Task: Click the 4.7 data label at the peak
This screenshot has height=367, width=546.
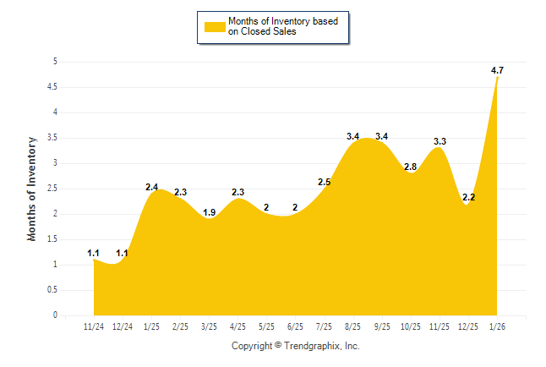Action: pos(498,71)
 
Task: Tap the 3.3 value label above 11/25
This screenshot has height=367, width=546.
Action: pos(440,141)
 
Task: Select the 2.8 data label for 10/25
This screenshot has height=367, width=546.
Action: pos(411,167)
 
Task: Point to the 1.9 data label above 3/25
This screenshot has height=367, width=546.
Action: pos(210,212)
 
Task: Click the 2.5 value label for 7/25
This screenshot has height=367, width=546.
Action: pos(325,182)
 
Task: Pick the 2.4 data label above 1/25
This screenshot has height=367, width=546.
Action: pos(152,187)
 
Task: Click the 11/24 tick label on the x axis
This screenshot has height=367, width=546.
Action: pos(95,326)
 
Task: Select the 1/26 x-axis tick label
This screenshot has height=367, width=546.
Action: pos(497,326)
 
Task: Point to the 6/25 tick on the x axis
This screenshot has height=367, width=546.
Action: pos(296,326)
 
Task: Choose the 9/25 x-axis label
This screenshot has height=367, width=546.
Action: pos(382,326)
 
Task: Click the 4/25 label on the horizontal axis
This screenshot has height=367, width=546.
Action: pos(238,326)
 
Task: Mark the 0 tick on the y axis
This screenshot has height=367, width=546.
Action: pos(55,315)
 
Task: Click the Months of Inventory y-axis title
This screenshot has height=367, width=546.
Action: pos(32,189)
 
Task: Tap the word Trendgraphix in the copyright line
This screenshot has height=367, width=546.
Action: pos(311,346)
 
